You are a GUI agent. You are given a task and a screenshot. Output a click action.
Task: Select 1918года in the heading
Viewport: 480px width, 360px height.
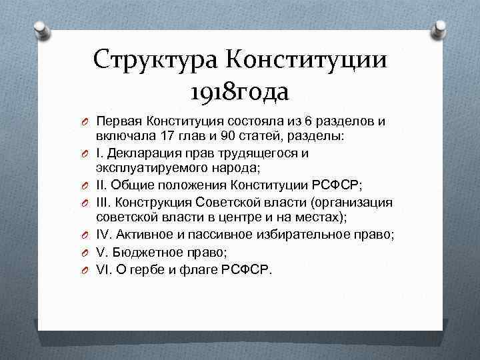point(239,91)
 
